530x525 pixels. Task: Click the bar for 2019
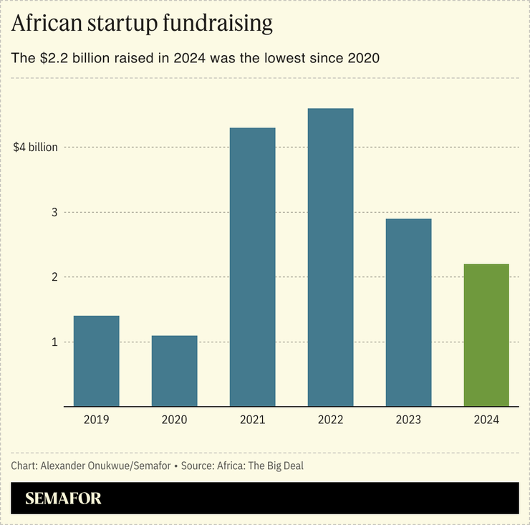pos(97,361)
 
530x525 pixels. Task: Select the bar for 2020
pos(175,371)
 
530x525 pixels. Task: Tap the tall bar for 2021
pos(252,267)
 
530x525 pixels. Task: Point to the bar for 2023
pos(408,313)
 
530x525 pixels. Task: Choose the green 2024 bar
pos(486,335)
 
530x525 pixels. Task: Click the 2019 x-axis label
pos(97,420)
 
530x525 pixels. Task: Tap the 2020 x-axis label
pos(175,420)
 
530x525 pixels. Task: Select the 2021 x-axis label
pos(252,420)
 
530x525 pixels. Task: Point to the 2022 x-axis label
pos(330,420)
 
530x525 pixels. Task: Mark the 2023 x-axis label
pos(408,420)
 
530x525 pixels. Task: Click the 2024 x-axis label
pos(486,420)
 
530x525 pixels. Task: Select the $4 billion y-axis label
pos(36,148)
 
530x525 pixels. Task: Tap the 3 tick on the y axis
pos(53,213)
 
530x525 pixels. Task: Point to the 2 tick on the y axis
pos(53,277)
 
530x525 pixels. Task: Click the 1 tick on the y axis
pos(53,342)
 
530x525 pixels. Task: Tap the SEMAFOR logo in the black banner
pos(64,498)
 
